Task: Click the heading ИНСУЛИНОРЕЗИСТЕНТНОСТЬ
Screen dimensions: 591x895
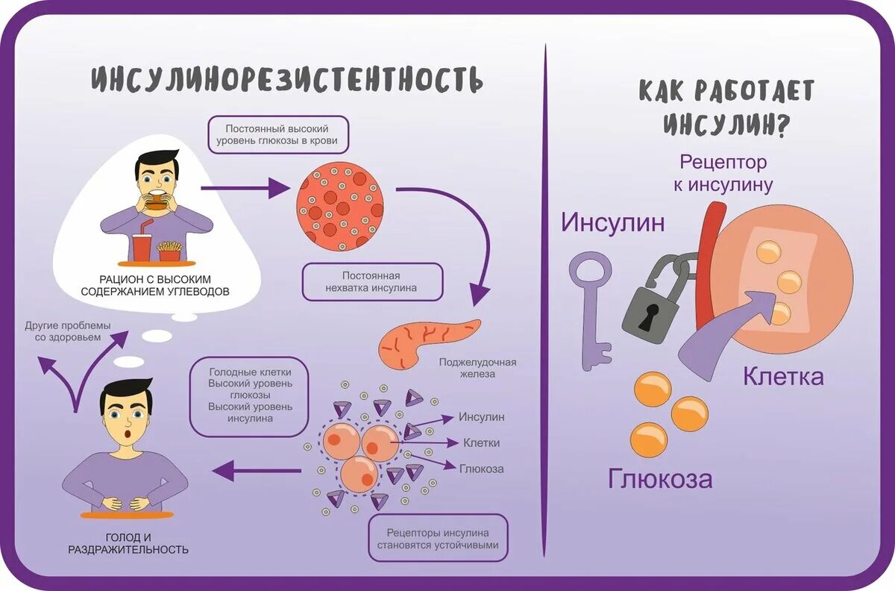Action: pos(287,79)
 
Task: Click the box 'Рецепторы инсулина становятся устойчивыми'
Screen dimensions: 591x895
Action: pos(438,539)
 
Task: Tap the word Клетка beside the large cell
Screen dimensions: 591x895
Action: pos(783,376)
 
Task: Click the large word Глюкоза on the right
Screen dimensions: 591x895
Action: pos(660,478)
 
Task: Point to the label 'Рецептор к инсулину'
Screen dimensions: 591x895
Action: pos(723,173)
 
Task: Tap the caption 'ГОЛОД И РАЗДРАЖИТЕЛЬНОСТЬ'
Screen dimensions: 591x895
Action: pos(128,542)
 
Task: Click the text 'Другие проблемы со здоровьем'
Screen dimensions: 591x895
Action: pos(67,332)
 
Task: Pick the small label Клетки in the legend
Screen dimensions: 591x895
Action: pos(481,443)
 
